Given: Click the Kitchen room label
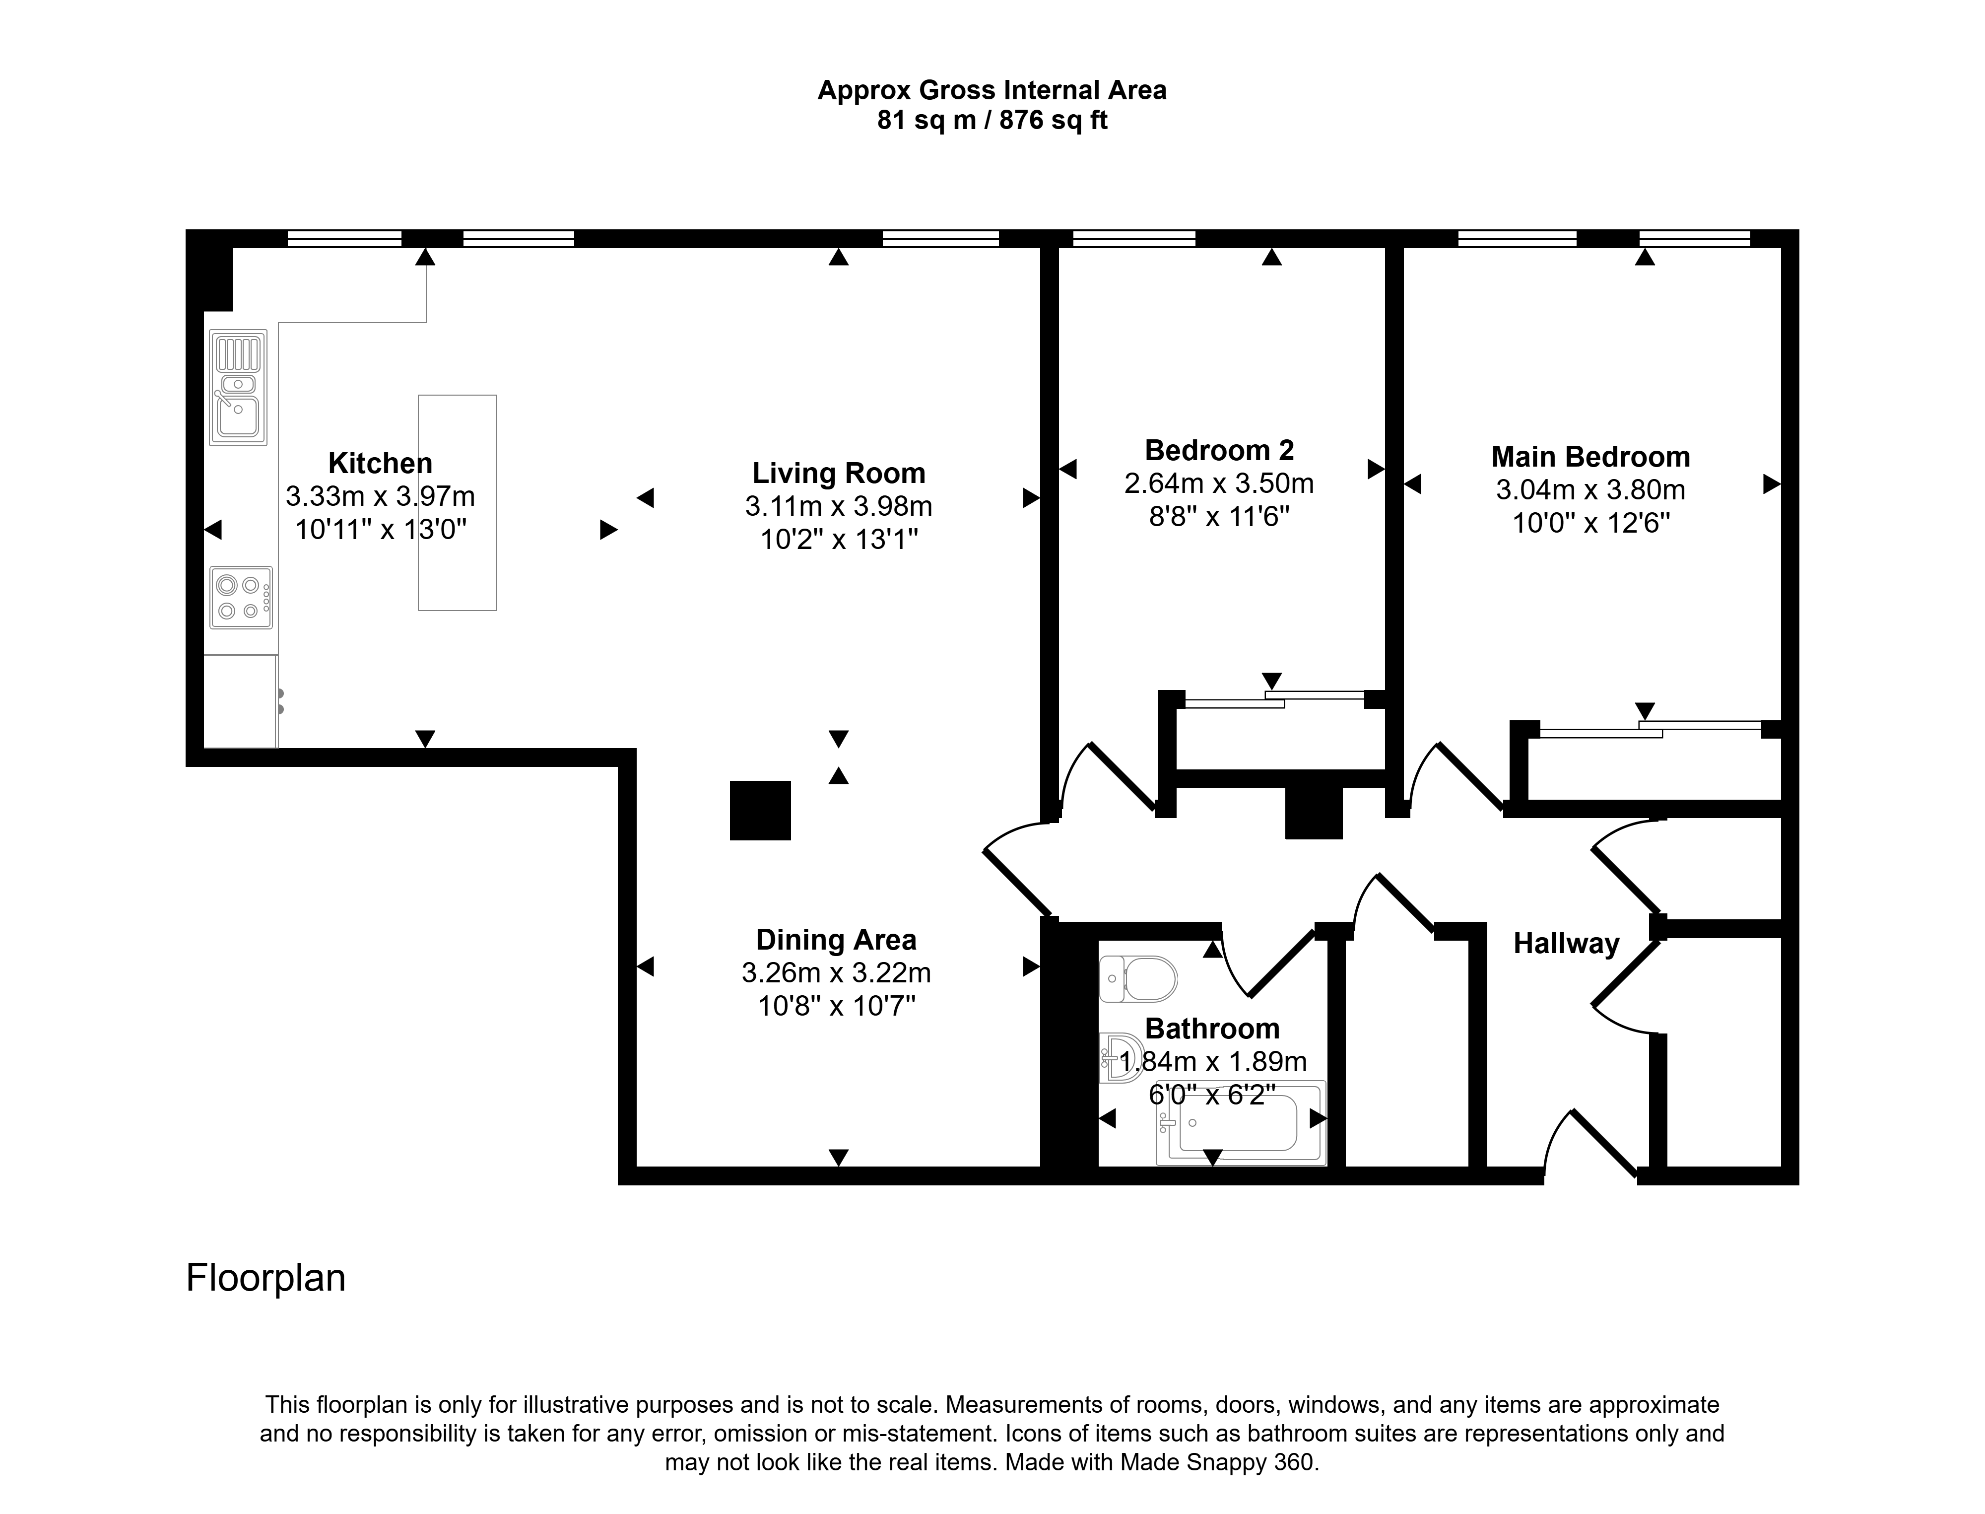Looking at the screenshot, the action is coord(380,463).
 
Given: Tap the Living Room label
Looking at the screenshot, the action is coord(839,473).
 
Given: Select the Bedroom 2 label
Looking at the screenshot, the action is coord(1219,450).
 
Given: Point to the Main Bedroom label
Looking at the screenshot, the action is coord(1590,457).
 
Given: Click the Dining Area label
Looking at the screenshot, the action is coord(836,940).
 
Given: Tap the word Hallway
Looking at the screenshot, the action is coord(1566,944).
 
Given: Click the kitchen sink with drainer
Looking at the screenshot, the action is coord(238,388).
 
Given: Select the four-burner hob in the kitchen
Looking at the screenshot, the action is coord(241,598).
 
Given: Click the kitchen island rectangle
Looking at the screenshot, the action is coord(457,503).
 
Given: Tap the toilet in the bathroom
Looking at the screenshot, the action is coord(1138,979).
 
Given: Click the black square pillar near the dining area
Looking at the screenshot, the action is coord(760,810).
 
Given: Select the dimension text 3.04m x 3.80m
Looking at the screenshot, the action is coord(1590,490).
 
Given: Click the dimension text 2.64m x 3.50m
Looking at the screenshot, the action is coord(1219,484).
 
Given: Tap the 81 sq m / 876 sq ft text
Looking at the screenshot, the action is coord(992,120).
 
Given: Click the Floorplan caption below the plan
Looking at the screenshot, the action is coord(266,1278).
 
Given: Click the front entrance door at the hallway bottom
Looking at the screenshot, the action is coord(1590,1143).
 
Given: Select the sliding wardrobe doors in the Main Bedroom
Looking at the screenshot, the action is coord(1651,729).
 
